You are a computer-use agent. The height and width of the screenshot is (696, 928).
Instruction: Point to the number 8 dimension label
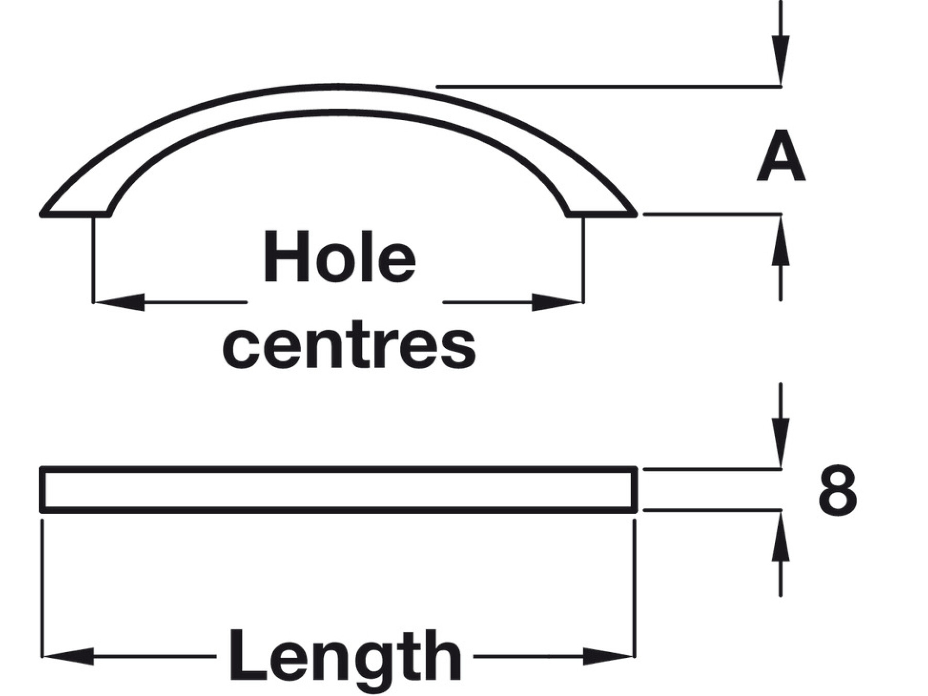837,490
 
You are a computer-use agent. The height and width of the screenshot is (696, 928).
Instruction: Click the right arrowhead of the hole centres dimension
557,302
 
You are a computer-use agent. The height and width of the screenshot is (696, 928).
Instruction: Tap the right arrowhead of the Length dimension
608,656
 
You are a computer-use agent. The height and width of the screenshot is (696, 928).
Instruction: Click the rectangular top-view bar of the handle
338,490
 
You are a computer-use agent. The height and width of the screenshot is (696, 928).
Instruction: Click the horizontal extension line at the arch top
608,87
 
